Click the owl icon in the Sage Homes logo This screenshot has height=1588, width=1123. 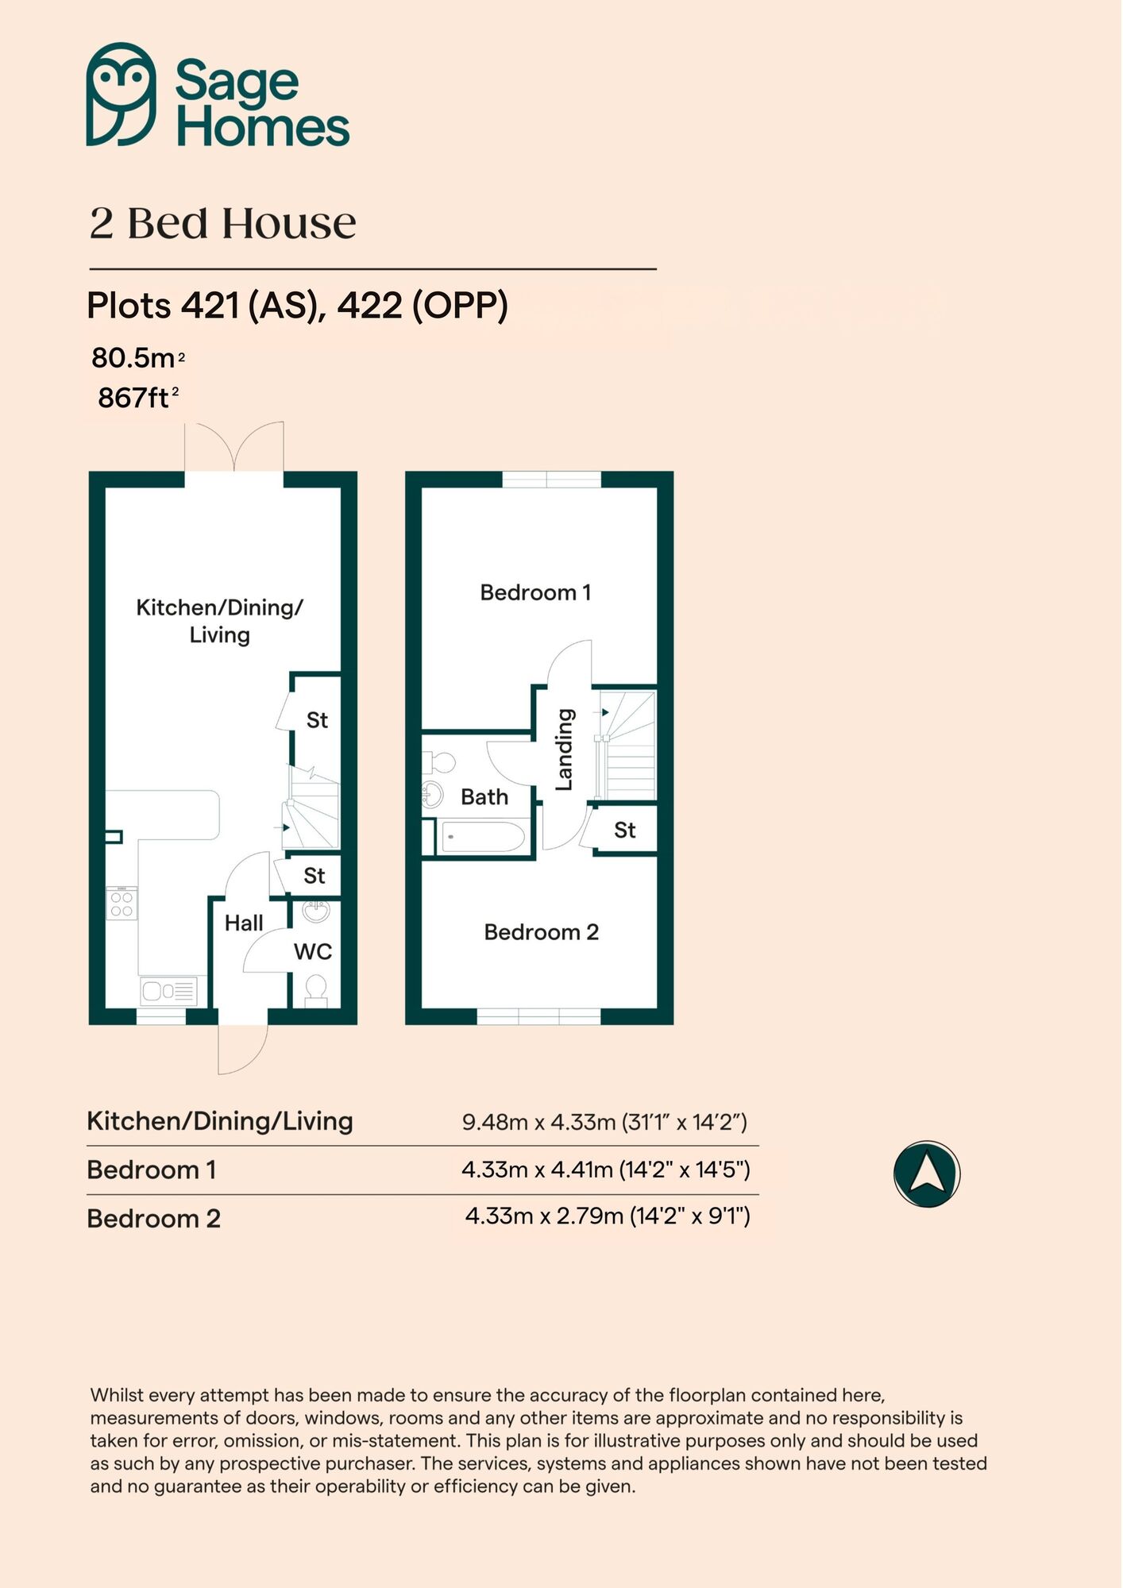(x=121, y=94)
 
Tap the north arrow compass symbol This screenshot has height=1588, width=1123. (x=926, y=1174)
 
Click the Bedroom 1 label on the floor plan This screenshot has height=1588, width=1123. (x=535, y=592)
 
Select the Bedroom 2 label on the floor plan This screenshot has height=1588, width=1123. (x=541, y=932)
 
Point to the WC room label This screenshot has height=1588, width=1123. (x=313, y=951)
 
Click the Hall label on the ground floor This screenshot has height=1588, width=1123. (x=243, y=923)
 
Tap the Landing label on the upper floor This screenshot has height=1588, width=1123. (x=564, y=750)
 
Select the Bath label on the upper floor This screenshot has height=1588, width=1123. (x=484, y=796)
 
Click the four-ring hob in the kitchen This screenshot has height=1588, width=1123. (x=122, y=904)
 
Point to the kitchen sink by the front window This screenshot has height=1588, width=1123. (x=168, y=990)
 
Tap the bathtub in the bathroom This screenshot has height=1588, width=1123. (x=482, y=837)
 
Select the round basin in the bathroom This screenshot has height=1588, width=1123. (x=432, y=794)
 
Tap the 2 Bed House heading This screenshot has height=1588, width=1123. (x=222, y=223)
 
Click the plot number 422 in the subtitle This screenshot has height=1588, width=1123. (x=369, y=305)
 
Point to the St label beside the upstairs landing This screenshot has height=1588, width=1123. (x=624, y=831)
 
